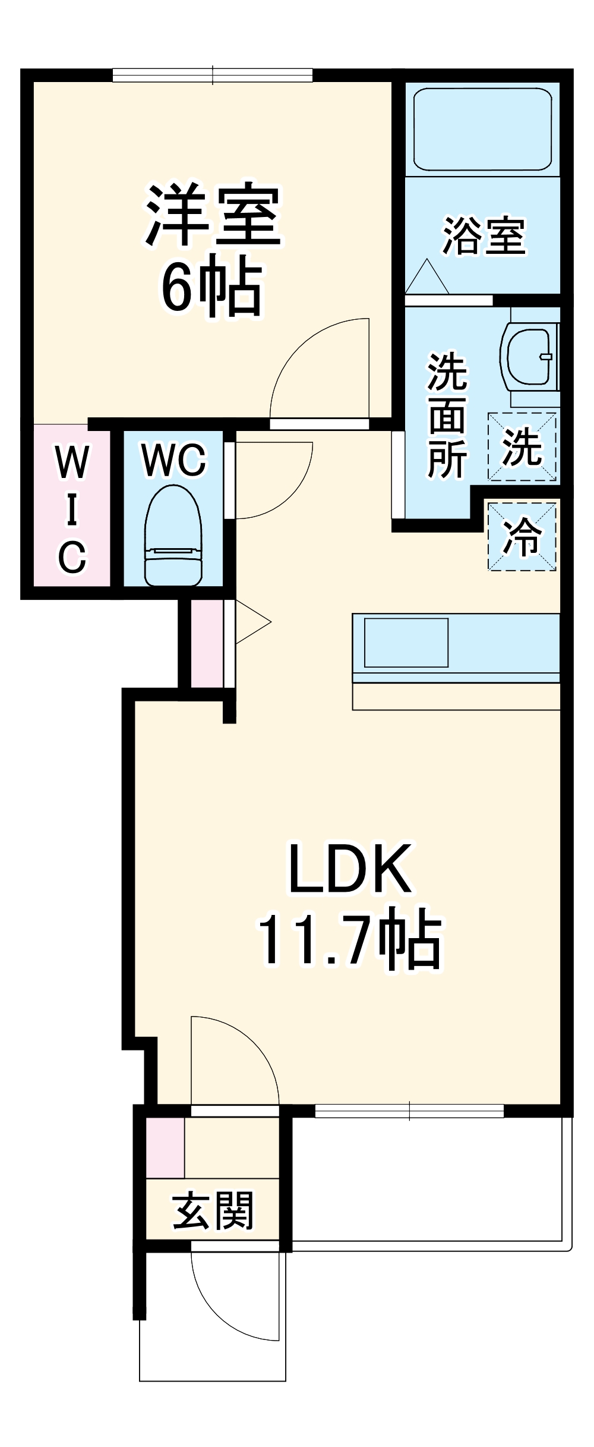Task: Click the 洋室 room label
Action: point(213,216)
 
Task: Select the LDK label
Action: point(350,869)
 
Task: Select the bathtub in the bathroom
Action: point(482,129)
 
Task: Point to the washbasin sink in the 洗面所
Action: point(530,356)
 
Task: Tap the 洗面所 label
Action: point(447,416)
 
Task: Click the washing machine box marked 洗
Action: point(522,446)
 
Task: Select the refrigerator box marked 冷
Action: point(522,537)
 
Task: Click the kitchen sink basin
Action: point(406,643)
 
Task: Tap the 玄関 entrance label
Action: point(213,1211)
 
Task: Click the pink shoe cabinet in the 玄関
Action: point(165,1148)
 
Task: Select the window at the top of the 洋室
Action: point(213,76)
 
